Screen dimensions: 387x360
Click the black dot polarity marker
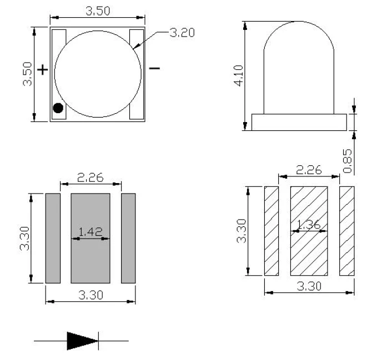point(58,108)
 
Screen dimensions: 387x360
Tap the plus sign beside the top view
point(42,70)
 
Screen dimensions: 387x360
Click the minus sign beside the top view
point(154,68)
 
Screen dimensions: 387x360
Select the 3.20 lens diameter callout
point(182,33)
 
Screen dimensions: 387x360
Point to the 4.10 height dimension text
point(238,75)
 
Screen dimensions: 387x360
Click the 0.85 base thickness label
point(348,161)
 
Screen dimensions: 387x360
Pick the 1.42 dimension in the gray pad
point(91,231)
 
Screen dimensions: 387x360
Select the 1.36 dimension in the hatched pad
point(309,224)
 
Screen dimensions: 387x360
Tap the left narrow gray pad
point(53,238)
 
